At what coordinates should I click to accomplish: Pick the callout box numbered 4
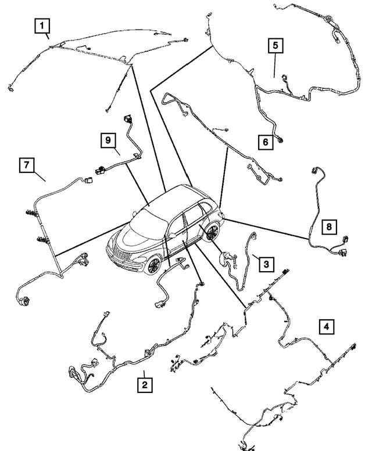[x=326, y=327]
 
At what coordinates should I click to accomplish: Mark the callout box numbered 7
[x=26, y=165]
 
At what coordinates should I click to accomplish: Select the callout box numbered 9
[x=108, y=139]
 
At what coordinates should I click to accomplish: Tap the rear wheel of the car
[x=212, y=233]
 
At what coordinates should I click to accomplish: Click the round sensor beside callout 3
[x=222, y=258]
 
